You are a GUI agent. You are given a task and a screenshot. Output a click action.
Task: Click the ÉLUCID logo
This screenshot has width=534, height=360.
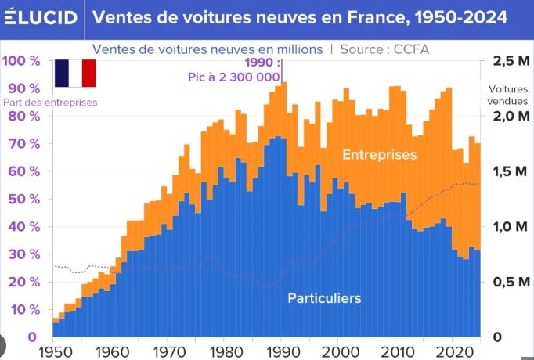click(40, 17)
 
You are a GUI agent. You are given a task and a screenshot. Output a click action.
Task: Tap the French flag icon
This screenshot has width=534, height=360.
click(74, 72)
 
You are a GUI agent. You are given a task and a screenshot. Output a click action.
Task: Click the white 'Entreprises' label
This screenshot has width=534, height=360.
click(379, 155)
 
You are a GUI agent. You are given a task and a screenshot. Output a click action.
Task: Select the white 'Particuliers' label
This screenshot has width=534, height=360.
click(324, 298)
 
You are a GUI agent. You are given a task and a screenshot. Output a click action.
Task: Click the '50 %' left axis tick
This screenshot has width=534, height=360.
click(23, 199)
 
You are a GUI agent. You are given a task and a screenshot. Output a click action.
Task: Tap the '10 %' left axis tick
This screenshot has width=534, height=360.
click(23, 310)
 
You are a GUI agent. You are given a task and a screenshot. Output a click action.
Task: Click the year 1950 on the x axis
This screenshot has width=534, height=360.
click(54, 351)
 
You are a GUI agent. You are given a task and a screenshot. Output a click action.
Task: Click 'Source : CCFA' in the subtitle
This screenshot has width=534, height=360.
click(384, 49)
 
